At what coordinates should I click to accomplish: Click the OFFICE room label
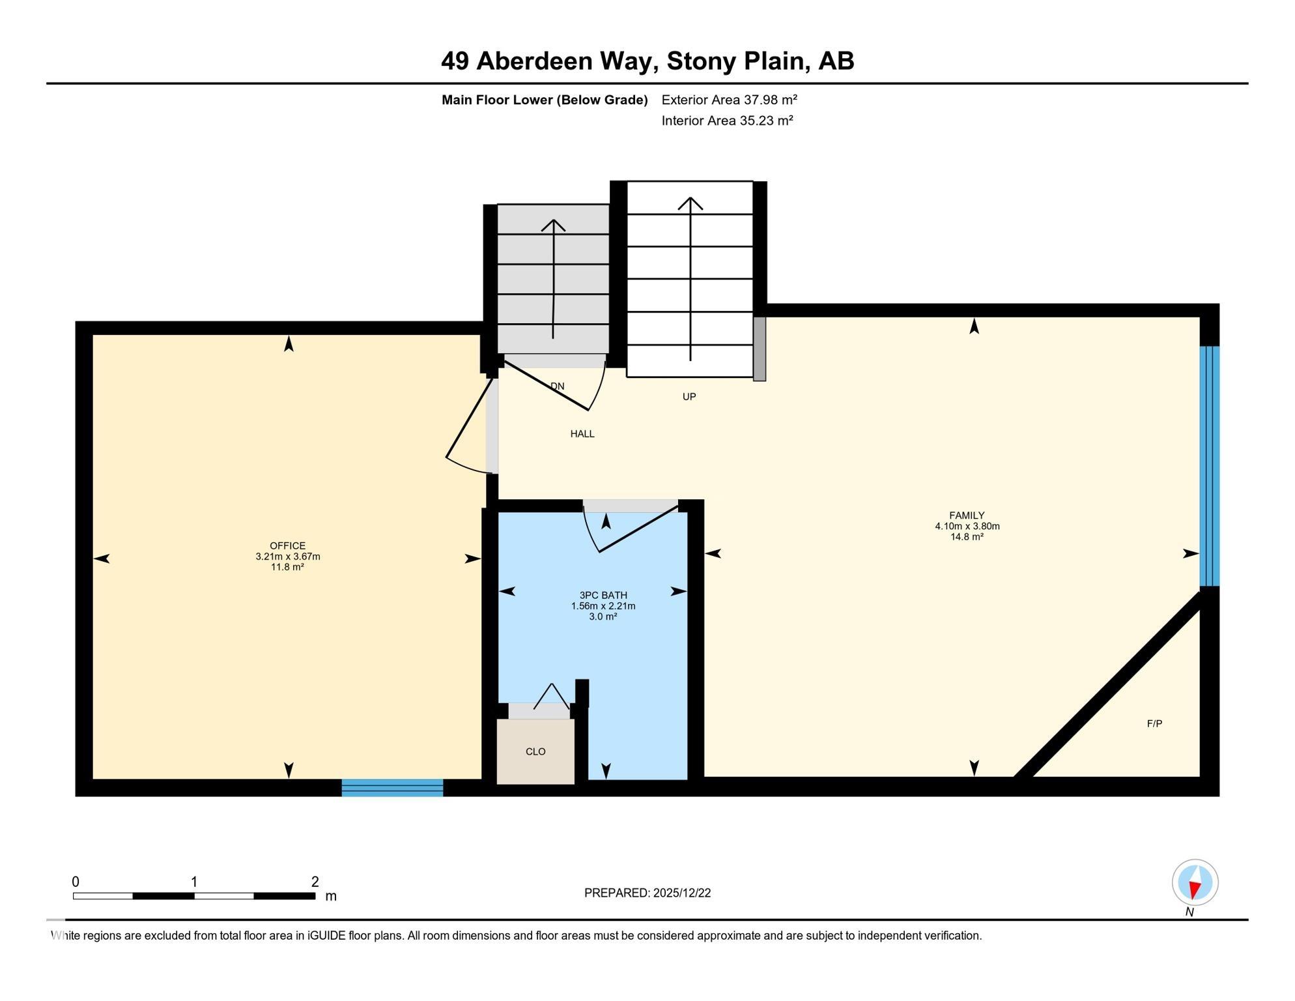point(287,546)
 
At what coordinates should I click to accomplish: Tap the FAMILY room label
point(967,515)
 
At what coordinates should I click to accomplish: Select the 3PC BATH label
point(603,595)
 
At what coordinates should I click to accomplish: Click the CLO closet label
point(535,751)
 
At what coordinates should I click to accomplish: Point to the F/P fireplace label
point(1154,723)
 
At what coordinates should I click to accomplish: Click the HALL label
point(582,434)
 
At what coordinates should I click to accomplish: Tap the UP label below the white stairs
point(689,396)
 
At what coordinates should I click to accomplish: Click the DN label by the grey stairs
point(558,386)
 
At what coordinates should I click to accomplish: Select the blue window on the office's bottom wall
point(392,787)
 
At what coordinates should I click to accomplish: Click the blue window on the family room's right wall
point(1209,466)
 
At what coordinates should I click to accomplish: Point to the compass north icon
point(1195,882)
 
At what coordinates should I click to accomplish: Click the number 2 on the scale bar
point(315,882)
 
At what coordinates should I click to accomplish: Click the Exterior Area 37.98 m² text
point(729,100)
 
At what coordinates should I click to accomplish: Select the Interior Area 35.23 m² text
point(727,121)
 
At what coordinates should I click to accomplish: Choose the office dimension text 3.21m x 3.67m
point(287,557)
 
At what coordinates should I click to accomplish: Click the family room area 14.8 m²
point(967,536)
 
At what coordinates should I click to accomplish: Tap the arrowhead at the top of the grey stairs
point(553,225)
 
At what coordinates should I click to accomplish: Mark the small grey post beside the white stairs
point(759,349)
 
